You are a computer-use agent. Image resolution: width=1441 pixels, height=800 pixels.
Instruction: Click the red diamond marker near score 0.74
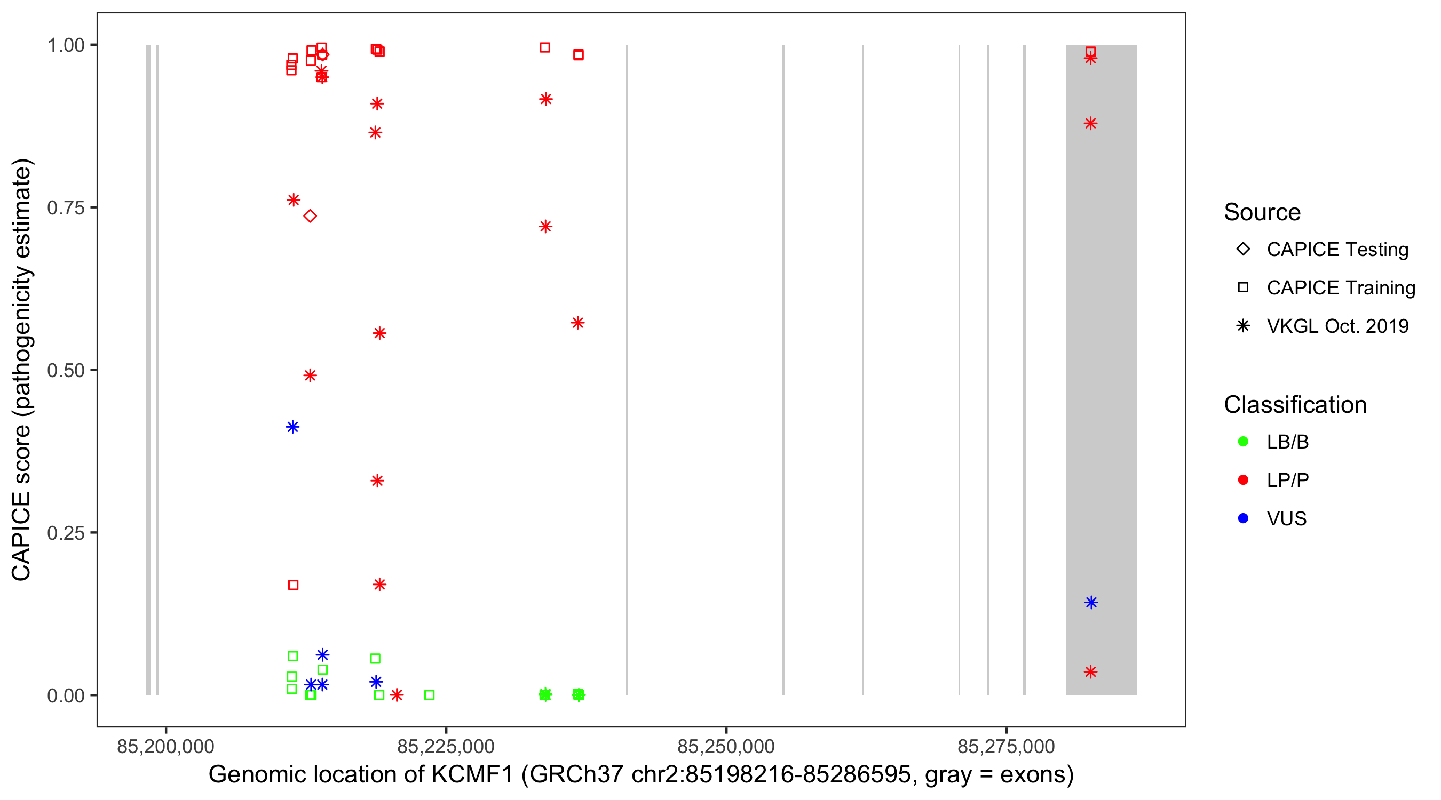311,216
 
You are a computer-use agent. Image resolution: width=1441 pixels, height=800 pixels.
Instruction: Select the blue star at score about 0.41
292,427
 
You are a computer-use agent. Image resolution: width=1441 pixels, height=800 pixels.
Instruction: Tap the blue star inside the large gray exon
1091,603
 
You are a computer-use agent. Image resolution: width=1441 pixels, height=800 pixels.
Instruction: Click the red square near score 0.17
293,585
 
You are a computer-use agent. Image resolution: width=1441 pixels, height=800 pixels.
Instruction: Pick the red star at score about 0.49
310,375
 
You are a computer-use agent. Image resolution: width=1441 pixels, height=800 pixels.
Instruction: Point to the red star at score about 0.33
377,481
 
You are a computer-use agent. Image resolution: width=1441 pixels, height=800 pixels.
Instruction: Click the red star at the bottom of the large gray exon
1090,671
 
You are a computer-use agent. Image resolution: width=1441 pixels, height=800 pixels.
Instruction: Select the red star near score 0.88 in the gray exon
1090,124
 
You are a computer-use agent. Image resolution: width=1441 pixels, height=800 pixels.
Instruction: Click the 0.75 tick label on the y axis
66,208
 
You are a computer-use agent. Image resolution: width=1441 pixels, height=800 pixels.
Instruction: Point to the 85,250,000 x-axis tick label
725,746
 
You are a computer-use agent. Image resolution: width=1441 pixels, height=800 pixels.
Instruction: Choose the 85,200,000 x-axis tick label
165,746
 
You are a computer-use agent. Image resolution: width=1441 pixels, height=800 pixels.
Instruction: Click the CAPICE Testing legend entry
1337,250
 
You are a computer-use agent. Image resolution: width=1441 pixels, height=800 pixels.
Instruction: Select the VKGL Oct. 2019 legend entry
1337,326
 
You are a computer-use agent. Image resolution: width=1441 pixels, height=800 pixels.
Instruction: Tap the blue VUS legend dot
1243,518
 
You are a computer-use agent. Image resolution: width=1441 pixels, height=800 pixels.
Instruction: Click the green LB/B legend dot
1243,442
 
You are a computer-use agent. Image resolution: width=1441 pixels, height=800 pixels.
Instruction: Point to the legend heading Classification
1295,404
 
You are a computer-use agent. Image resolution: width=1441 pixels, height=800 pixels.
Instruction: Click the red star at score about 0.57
578,323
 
